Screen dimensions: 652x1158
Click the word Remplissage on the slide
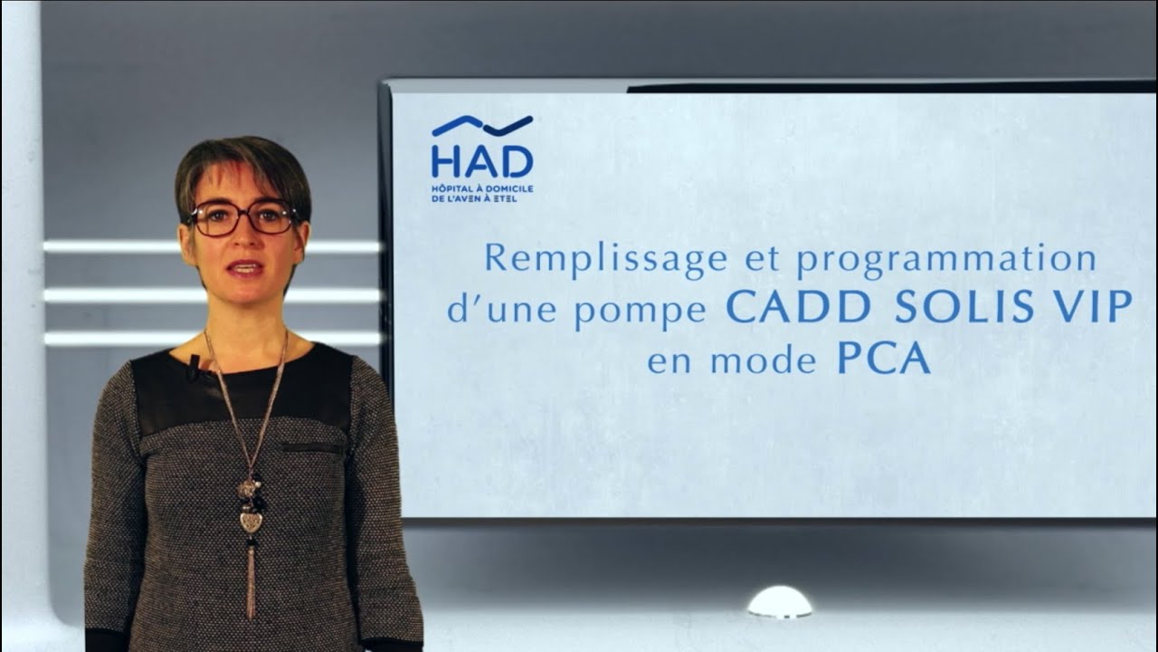(605, 259)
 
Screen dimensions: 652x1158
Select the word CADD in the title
(797, 308)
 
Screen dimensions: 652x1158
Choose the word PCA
(883, 359)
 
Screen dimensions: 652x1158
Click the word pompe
(640, 312)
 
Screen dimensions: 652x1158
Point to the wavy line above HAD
(481, 125)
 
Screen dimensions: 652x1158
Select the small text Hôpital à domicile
(481, 187)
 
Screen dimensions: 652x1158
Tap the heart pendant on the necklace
(250, 521)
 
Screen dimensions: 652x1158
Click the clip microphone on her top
(194, 366)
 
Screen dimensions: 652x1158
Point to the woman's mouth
(245, 268)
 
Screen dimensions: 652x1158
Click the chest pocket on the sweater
(311, 447)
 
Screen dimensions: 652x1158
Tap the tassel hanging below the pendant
(251, 580)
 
